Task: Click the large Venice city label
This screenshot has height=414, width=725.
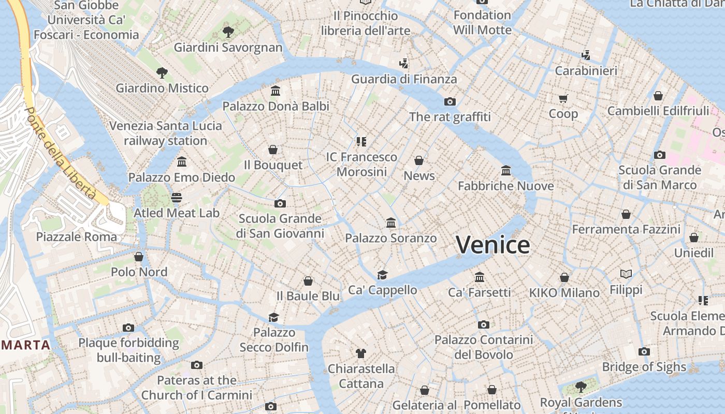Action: (493, 244)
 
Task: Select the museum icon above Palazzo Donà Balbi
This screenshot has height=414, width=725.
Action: (275, 91)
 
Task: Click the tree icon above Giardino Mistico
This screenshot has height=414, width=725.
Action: (162, 73)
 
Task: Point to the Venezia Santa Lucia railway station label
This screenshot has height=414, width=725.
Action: (166, 133)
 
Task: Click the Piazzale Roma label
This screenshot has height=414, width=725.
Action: (77, 237)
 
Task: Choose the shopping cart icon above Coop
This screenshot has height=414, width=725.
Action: (563, 98)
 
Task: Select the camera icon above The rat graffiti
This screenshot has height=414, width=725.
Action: (450, 101)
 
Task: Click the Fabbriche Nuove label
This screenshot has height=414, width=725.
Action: (506, 186)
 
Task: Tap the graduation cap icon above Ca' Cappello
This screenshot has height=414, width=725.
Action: (382, 275)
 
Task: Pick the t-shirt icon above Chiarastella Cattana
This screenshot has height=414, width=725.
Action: (361, 353)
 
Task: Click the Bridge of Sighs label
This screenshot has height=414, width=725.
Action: (644, 367)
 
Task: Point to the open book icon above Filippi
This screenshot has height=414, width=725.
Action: (626, 274)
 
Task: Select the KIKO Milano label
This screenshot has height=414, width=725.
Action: (564, 293)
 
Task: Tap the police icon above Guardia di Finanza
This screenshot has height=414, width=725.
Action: (404, 64)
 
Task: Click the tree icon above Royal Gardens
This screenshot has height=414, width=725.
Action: (581, 387)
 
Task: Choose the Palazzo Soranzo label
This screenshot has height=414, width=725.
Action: (391, 239)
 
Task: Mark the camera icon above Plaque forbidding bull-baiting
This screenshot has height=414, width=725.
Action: (128, 328)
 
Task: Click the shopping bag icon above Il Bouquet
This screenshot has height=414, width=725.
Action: (273, 150)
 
